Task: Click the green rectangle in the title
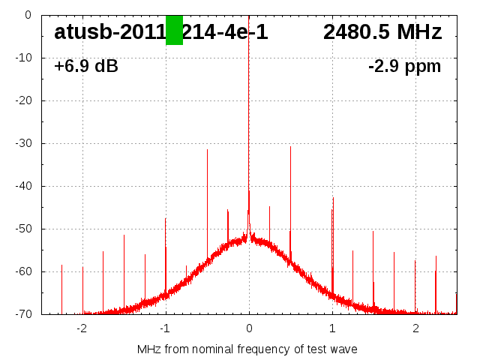(174, 30)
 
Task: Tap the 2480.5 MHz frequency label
(382, 32)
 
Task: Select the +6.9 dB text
(85, 67)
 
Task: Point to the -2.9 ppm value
(404, 67)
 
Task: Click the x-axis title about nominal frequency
(247, 349)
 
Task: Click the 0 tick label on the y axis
(27, 15)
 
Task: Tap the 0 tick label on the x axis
(249, 328)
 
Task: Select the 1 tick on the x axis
(332, 328)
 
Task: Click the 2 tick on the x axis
(415, 328)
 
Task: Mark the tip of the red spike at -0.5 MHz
(207, 150)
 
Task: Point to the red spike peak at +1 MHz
(333, 198)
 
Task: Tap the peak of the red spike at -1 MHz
(166, 218)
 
